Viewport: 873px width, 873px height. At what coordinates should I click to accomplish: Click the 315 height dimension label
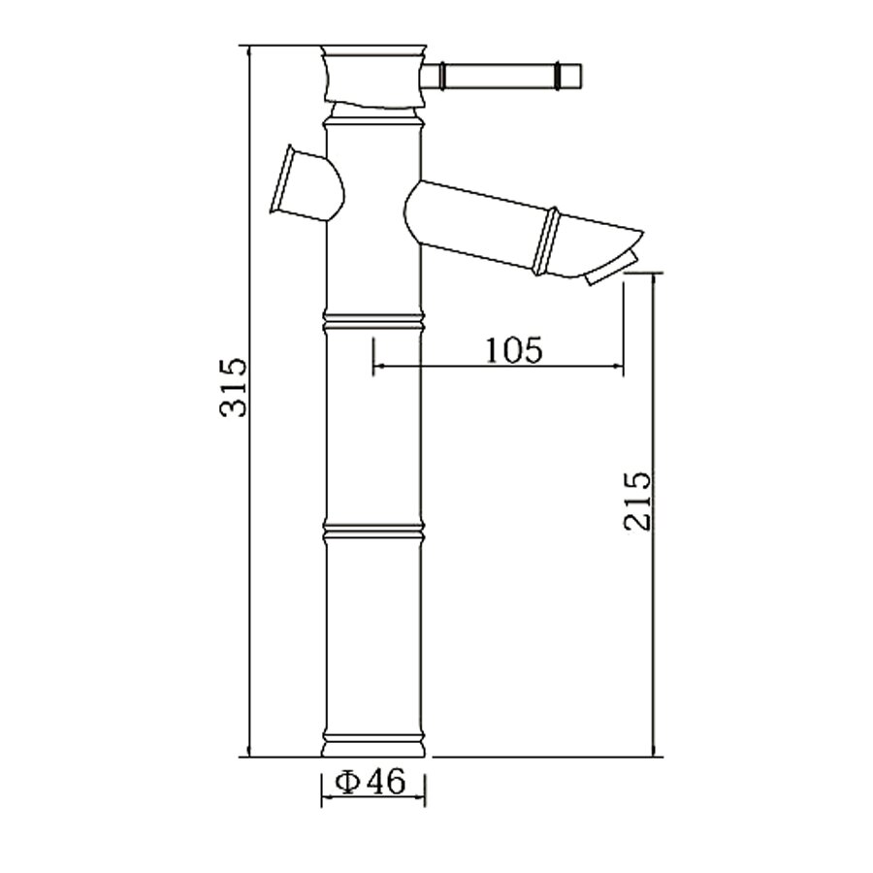coord(233,387)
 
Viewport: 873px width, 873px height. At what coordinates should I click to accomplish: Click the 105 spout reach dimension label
coord(514,350)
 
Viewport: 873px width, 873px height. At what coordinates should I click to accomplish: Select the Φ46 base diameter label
coord(370,783)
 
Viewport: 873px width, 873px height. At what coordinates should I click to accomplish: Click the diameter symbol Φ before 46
coord(347,783)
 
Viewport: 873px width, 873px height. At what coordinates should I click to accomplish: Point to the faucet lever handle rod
coord(501,77)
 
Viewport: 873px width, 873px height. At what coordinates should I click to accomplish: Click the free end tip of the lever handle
coord(581,77)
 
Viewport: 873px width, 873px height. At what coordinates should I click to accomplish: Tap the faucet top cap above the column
coord(373,75)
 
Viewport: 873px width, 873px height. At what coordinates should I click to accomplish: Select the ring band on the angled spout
coord(545,242)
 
